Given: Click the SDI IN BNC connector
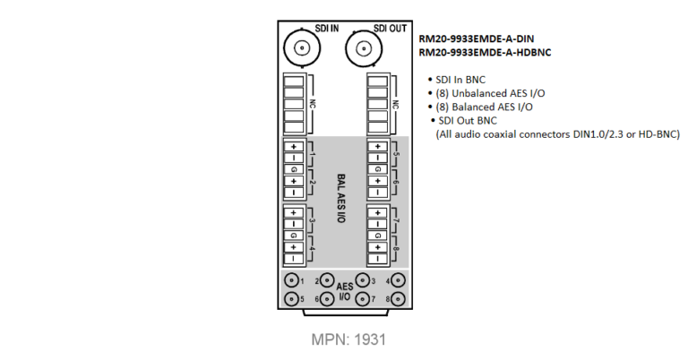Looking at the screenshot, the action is pyautogui.click(x=302, y=48).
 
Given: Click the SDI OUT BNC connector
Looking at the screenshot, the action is pyautogui.click(x=364, y=48).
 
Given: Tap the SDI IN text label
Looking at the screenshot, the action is pyautogui.click(x=327, y=29).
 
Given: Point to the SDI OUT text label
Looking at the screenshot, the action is pyautogui.click(x=390, y=29).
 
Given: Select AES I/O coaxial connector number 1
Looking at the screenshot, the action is pyautogui.click(x=291, y=279).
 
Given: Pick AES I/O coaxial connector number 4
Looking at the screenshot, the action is pyautogui.click(x=398, y=279).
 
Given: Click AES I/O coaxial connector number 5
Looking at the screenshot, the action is pyautogui.click(x=291, y=299).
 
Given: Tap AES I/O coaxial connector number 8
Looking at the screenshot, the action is pyautogui.click(x=398, y=299).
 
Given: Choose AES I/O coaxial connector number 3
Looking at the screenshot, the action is pyautogui.click(x=363, y=279).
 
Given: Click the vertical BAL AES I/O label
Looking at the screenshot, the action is pyautogui.click(x=341, y=198).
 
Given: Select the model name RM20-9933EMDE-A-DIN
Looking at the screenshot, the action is pyautogui.click(x=476, y=39).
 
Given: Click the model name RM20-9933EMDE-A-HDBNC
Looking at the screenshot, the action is pyautogui.click(x=485, y=53).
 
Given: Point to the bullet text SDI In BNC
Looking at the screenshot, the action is pyautogui.click(x=460, y=80).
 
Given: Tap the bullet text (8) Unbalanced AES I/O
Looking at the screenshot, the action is pyautogui.click(x=490, y=93).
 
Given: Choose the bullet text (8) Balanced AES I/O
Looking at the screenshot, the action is pyautogui.click(x=484, y=107).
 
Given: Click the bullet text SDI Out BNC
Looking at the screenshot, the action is pyautogui.click(x=468, y=121).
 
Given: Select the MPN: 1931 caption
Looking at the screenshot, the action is pyautogui.click(x=348, y=339).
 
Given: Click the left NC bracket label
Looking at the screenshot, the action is pyautogui.click(x=313, y=105).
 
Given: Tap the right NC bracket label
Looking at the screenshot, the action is pyautogui.click(x=396, y=105).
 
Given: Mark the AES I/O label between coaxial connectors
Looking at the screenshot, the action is pyautogui.click(x=344, y=292).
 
